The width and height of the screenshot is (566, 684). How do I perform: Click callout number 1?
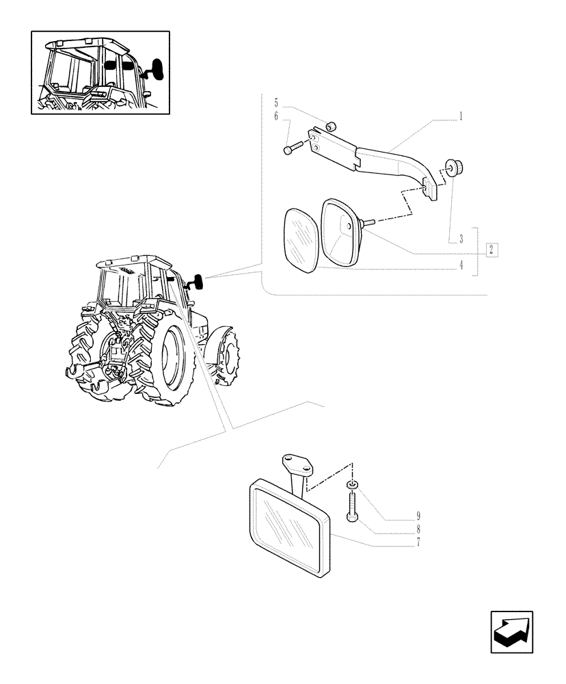coord(461,116)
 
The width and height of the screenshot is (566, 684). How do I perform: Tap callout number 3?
coord(461,239)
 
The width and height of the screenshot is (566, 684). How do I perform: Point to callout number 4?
coord(461,265)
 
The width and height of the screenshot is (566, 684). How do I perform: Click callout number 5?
coord(276,103)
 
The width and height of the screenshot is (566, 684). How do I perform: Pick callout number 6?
coord(276,117)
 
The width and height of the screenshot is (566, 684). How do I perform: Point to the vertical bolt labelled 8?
coord(351,506)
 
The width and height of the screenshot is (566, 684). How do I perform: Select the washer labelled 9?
coord(351,485)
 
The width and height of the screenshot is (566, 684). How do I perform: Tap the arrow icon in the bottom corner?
coord(511,631)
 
